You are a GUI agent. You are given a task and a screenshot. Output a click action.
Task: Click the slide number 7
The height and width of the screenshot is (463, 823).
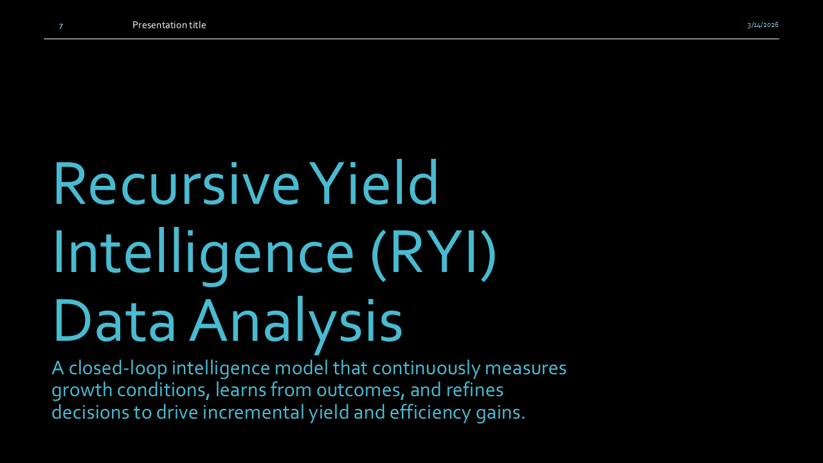(61, 26)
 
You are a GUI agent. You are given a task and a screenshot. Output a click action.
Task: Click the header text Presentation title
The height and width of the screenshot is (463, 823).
(169, 25)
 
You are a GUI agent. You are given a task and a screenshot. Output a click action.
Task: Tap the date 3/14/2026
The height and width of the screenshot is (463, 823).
(763, 25)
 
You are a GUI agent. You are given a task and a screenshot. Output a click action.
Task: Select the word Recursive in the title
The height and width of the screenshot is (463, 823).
(177, 183)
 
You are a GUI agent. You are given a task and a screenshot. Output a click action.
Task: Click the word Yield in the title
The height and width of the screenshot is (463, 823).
(374, 182)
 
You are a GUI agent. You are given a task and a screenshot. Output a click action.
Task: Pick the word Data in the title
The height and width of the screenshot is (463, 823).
(114, 320)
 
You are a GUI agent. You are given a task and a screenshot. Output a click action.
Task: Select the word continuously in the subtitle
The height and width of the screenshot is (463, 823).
(426, 369)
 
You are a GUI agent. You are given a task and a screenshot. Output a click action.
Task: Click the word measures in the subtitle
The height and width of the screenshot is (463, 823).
(526, 369)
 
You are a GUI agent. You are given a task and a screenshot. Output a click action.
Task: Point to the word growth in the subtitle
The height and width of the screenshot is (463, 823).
(82, 391)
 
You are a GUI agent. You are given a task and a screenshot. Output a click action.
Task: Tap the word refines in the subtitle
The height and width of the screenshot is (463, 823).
(475, 390)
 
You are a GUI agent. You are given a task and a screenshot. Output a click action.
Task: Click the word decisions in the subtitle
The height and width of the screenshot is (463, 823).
(91, 412)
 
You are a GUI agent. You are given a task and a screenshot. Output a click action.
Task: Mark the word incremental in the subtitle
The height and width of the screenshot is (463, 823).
(253, 412)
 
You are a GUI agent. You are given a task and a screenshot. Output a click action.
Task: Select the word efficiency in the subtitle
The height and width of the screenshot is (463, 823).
(430, 413)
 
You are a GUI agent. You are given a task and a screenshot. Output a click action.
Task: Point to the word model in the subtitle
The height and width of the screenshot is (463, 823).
(302, 368)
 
